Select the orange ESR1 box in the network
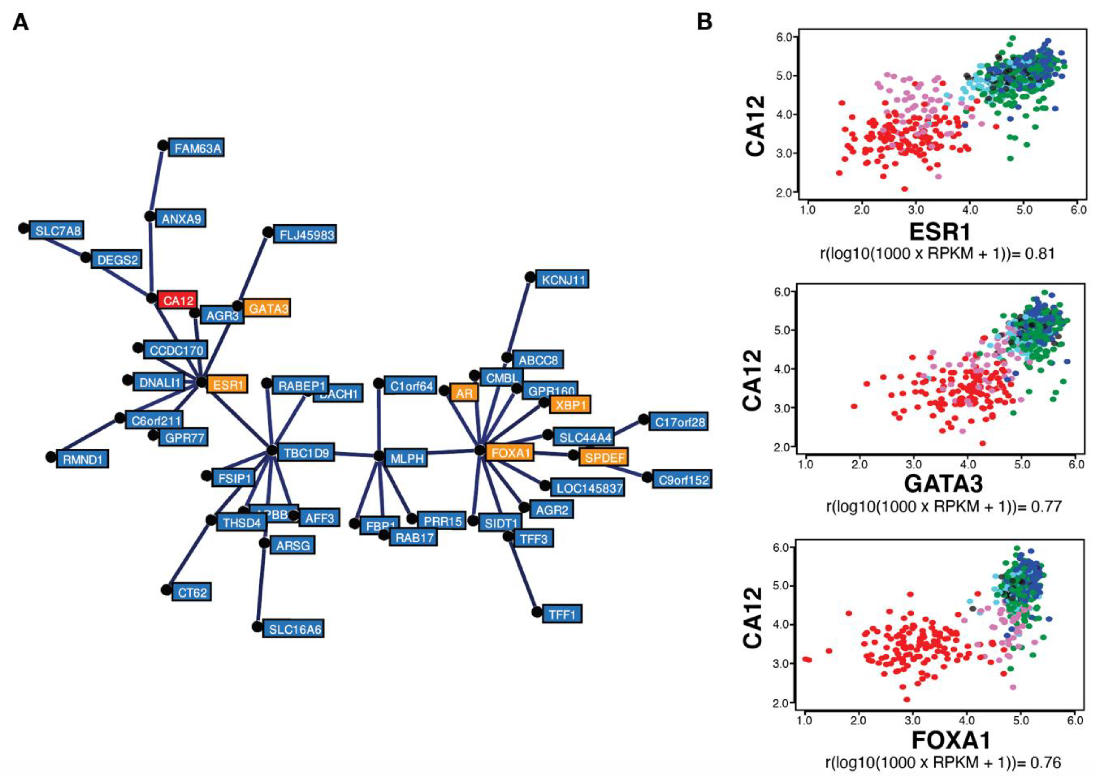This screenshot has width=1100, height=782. pyautogui.click(x=227, y=384)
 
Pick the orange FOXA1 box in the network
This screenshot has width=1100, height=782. pyautogui.click(x=510, y=452)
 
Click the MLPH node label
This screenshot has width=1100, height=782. pyautogui.click(x=406, y=458)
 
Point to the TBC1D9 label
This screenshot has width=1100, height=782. pyautogui.click(x=305, y=453)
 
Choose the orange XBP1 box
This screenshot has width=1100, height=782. pyautogui.click(x=571, y=404)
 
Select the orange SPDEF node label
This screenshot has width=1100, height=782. pyautogui.click(x=604, y=457)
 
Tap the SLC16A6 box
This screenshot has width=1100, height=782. pyautogui.click(x=293, y=629)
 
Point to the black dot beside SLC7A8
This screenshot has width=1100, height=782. pyautogui.click(x=24, y=228)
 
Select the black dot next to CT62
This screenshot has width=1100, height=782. pyautogui.click(x=166, y=589)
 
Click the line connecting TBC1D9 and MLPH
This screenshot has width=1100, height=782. pyautogui.click(x=356, y=454)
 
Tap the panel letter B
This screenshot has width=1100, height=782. pyautogui.click(x=705, y=22)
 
